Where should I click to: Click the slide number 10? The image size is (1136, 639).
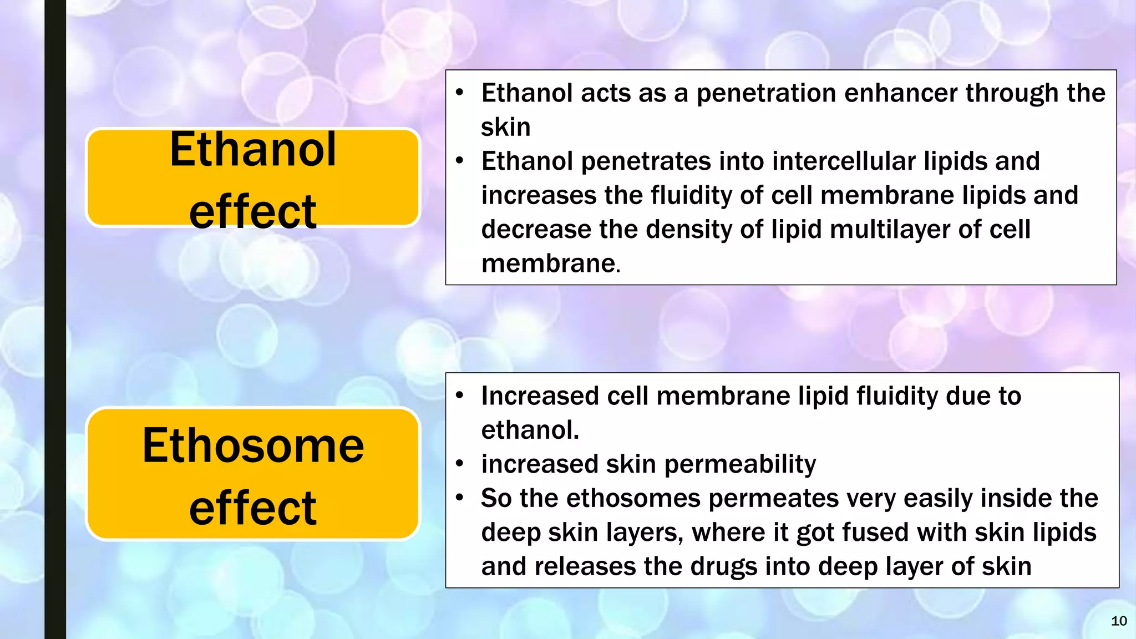(1119, 621)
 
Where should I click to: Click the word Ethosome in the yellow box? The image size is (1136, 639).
(253, 446)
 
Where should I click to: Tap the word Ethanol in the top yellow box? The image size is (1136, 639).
(253, 150)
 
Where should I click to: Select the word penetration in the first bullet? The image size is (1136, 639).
(766, 93)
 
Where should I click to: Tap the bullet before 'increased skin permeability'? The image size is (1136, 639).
(459, 464)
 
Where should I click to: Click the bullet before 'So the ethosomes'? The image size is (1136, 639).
(459, 498)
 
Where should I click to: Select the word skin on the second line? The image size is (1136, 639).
(505, 128)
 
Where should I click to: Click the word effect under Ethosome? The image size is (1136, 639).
(253, 508)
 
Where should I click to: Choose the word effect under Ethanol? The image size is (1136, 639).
(253, 212)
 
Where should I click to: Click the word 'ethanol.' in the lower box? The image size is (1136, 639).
(530, 430)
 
